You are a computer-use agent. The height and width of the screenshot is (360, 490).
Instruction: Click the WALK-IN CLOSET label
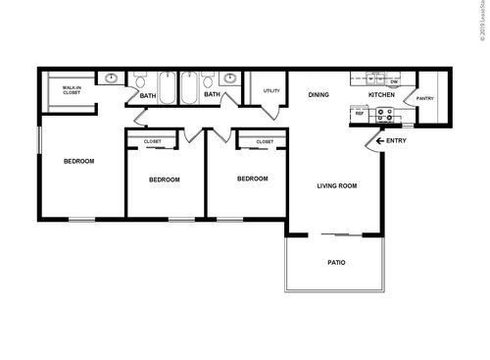coord(72,90)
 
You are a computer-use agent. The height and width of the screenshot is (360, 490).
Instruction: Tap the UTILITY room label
coord(271,91)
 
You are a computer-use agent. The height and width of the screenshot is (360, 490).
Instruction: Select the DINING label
coord(318,95)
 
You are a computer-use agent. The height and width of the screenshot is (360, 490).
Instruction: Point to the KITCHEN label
coord(381,95)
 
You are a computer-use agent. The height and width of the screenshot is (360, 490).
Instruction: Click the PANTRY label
coord(424,98)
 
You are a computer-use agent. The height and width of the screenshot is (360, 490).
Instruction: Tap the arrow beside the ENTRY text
coord(378,141)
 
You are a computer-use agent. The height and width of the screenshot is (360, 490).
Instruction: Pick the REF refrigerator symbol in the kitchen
coord(360,115)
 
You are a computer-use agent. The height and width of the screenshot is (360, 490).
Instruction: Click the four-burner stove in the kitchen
coord(385,114)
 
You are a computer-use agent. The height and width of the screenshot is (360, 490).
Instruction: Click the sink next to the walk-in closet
coord(112,77)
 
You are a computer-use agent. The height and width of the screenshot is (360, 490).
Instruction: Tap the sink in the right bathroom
coord(229,77)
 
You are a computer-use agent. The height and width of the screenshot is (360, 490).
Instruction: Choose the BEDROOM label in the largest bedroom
coord(78,161)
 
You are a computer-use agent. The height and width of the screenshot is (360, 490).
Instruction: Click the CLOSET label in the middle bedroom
coord(153,141)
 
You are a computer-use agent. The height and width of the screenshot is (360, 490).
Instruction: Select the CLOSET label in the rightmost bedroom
coord(265,141)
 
